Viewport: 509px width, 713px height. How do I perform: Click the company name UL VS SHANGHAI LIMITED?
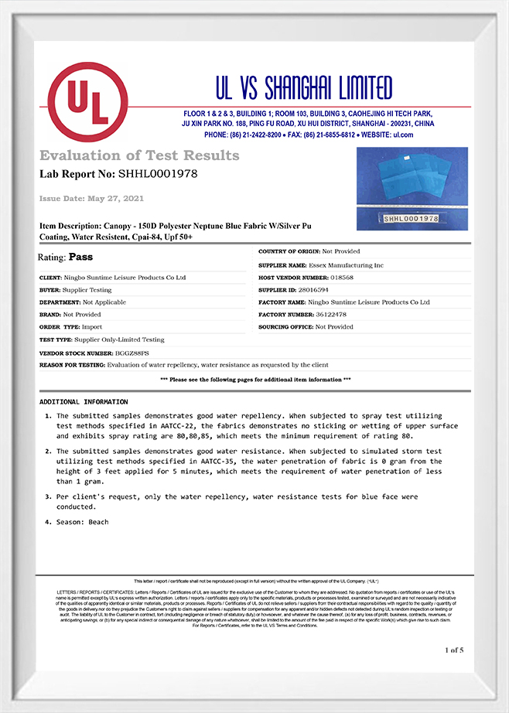point(304,89)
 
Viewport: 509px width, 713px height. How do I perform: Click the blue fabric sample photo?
point(412,188)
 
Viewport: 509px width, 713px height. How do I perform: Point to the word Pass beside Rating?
point(81,256)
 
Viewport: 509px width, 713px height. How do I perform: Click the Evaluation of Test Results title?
point(139,155)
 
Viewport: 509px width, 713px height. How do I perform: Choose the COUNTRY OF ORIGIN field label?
point(289,252)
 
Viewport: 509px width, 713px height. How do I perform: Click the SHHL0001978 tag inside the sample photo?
point(410,220)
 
